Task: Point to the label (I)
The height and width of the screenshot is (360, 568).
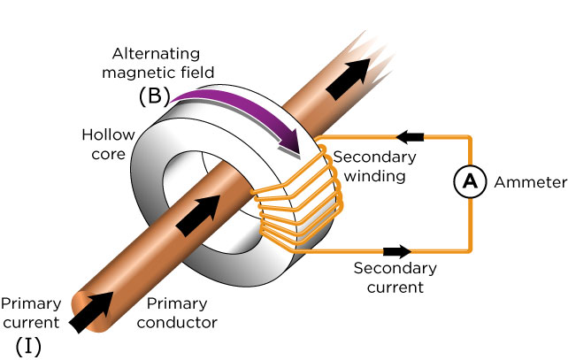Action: coord(30,344)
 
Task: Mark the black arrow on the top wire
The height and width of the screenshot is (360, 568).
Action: coord(409,136)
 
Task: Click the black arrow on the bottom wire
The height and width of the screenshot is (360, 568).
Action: coord(397,250)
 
